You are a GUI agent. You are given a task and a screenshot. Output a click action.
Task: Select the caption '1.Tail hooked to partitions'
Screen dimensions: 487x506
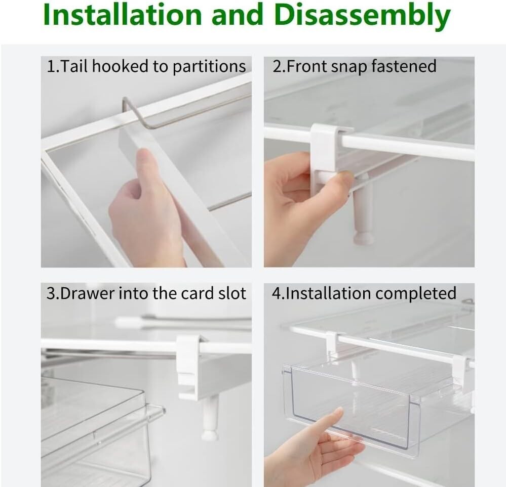146,66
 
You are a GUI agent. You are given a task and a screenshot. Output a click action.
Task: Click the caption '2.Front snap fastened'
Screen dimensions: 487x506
355,66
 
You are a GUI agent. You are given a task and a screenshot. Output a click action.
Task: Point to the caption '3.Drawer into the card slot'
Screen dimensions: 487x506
146,293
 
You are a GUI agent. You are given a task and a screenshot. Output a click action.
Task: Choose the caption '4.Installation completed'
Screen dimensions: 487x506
364,293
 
